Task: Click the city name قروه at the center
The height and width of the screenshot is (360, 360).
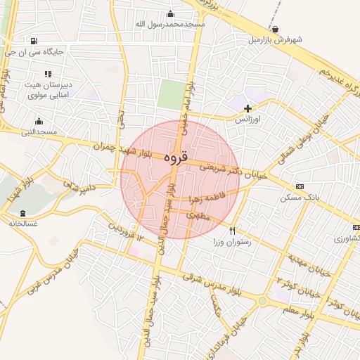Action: (x=176, y=157)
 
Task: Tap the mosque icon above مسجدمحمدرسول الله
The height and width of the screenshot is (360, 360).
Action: (x=170, y=13)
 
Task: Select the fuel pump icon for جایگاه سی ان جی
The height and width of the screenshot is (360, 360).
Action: (x=35, y=40)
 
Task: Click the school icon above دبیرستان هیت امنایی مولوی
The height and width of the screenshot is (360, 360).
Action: (x=48, y=74)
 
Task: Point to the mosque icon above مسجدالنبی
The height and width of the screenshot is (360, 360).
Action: (x=39, y=121)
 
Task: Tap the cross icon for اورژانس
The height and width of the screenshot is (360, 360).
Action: (x=247, y=108)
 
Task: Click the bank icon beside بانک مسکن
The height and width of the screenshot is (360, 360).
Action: (x=300, y=187)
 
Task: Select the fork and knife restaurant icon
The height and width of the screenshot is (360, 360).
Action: (x=232, y=230)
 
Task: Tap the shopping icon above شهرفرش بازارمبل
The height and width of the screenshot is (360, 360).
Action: (x=275, y=29)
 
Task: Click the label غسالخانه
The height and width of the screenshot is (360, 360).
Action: (x=23, y=224)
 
